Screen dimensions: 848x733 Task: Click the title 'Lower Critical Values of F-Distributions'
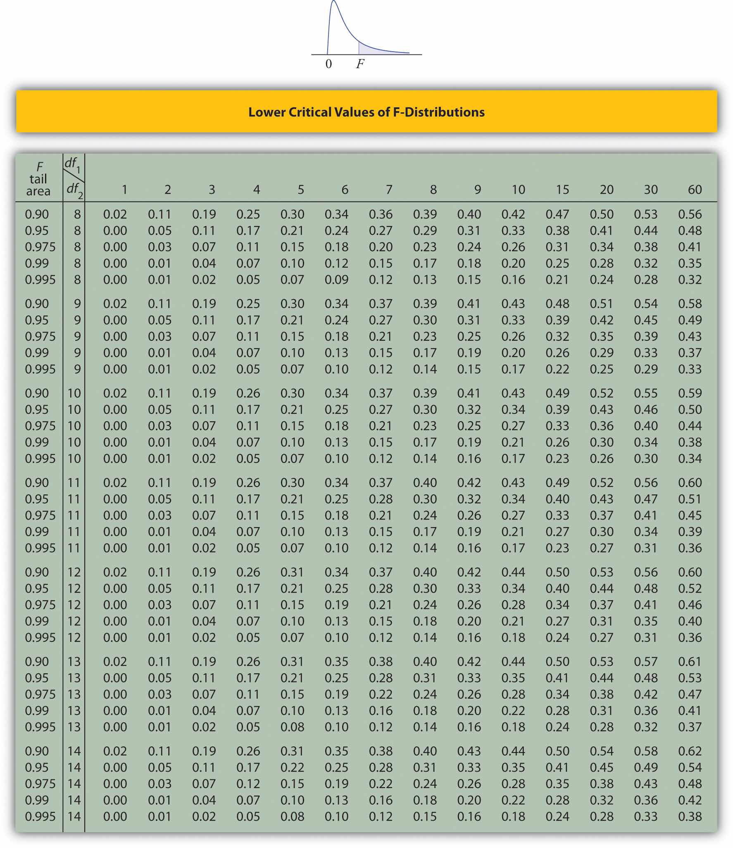pos(366,112)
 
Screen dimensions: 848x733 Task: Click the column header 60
pos(695,190)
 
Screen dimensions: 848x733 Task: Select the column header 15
pos(562,190)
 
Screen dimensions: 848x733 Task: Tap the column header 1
pos(124,190)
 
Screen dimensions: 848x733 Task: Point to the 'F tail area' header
pos(38,179)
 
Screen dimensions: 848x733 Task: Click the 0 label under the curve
pos(328,64)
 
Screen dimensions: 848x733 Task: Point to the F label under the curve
pos(360,64)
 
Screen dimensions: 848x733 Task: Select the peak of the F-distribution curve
pos(334,2)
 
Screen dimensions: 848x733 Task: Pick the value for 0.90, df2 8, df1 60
pos(690,214)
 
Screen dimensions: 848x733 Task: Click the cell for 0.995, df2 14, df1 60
pos(690,816)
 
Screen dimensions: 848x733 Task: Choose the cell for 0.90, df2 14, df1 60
pos(690,751)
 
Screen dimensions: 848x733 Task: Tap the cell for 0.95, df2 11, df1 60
pos(690,499)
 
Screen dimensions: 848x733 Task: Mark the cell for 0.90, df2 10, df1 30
pos(645,393)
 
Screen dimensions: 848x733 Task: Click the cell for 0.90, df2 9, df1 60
pos(690,304)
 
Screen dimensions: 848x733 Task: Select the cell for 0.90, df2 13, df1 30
pos(645,661)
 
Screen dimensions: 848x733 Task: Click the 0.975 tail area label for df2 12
pos(40,605)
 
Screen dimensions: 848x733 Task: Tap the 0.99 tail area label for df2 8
pos(37,263)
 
